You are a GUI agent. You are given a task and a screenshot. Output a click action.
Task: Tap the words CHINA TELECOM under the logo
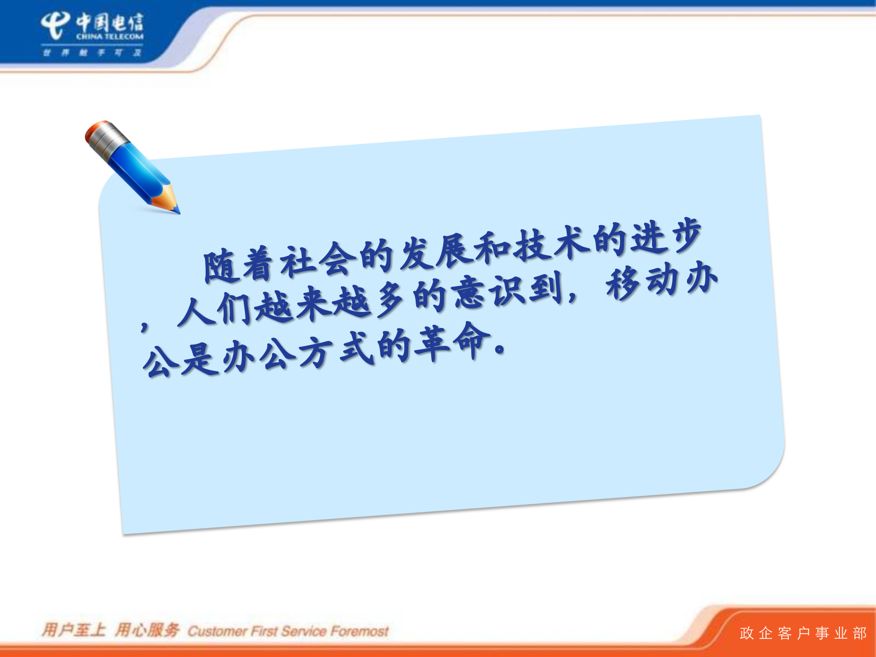click(109, 36)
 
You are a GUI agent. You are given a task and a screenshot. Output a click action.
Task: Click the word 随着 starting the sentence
click(240, 265)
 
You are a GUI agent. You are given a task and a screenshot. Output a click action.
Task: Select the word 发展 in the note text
click(435, 251)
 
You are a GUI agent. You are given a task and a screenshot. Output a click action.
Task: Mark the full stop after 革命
click(500, 349)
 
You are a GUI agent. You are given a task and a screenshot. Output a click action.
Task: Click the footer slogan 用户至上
click(73, 630)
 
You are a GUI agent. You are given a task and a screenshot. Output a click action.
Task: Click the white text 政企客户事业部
click(803, 633)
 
